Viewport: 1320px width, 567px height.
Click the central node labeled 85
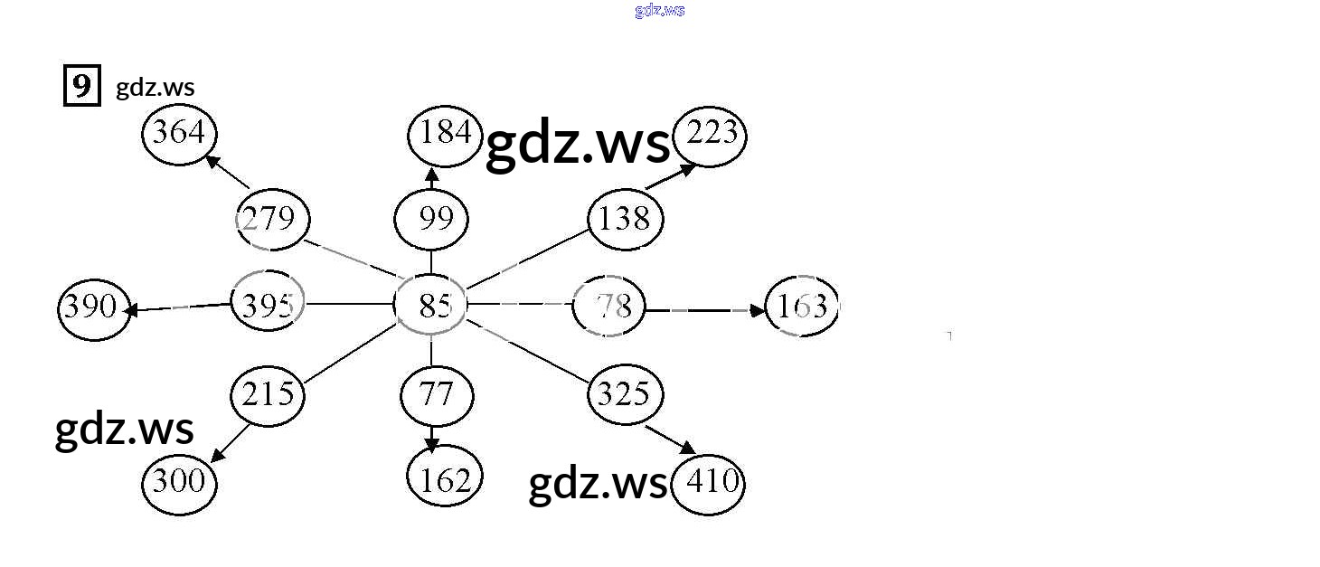click(x=431, y=307)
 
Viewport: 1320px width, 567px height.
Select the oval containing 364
click(x=179, y=134)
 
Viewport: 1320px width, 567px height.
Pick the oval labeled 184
click(x=444, y=134)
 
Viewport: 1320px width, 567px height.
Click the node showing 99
click(x=431, y=219)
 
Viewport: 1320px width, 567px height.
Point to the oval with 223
click(x=711, y=135)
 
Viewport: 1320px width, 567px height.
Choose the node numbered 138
click(x=625, y=219)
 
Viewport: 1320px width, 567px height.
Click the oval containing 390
click(x=92, y=307)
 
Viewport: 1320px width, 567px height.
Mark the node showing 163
click(x=801, y=307)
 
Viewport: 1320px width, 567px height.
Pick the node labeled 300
click(x=179, y=482)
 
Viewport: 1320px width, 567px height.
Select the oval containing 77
click(x=436, y=395)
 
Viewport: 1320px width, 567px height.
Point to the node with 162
click(x=444, y=479)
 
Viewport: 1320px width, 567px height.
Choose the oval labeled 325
click(x=625, y=394)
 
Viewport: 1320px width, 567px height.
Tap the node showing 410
click(x=710, y=483)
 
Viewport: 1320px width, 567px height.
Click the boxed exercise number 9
click(x=81, y=87)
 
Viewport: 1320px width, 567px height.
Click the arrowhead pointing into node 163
click(x=758, y=311)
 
